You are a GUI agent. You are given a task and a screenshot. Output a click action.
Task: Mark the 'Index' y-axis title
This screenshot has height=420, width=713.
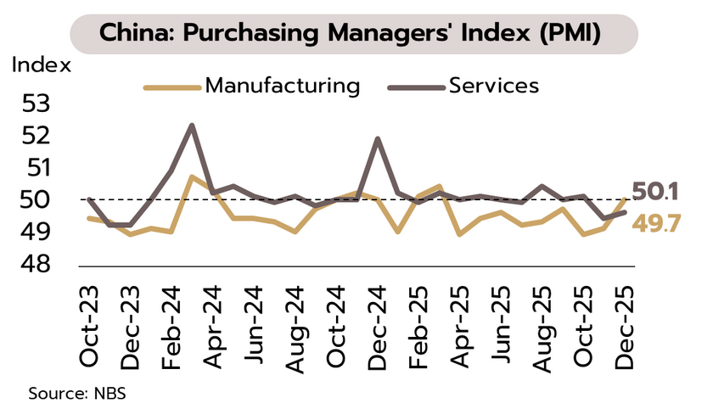click(x=42, y=65)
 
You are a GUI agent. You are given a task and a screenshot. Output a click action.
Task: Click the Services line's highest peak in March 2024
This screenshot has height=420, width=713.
click(x=192, y=126)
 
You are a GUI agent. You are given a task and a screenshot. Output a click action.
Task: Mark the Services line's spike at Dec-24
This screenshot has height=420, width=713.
click(x=377, y=138)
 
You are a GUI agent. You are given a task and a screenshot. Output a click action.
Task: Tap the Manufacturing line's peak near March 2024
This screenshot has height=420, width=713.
click(x=192, y=176)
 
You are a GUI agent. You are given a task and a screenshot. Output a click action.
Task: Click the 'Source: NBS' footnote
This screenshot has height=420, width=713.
click(x=77, y=395)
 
